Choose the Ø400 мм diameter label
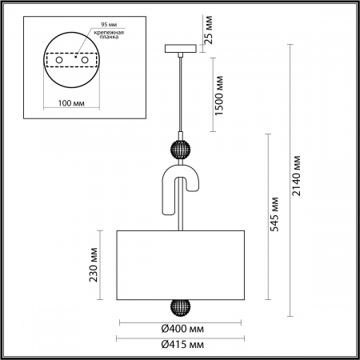[179, 330]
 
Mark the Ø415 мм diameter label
[179, 345]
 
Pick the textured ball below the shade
[179, 308]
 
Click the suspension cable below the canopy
[181, 96]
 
